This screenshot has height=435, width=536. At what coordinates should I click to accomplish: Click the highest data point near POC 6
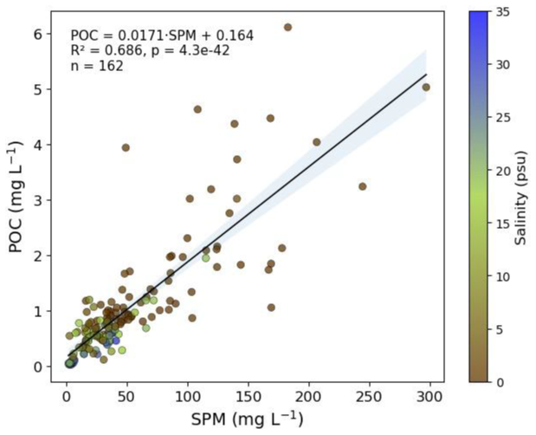[x=287, y=28]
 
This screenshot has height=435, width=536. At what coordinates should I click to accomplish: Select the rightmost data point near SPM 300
[x=426, y=88]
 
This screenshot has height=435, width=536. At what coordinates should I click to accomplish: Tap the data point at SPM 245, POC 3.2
[x=363, y=186]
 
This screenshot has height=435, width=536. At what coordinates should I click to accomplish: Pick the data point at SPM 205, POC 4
[x=317, y=142]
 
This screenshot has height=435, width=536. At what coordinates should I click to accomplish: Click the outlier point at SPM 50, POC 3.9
[x=126, y=147]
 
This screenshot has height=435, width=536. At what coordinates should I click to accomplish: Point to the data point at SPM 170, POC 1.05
[x=271, y=308]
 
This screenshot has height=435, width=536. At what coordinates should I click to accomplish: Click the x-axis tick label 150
[x=249, y=397]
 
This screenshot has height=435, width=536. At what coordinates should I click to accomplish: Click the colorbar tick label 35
[x=502, y=12]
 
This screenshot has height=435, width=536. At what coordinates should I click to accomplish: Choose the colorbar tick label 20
[x=502, y=171]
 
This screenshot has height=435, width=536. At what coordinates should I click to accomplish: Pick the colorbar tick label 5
[x=499, y=329]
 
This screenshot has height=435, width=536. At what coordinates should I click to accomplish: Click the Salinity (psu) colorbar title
[x=521, y=198]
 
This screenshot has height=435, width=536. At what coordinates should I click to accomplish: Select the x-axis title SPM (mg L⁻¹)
[x=247, y=419]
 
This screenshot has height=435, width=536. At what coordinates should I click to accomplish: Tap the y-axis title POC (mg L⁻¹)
[x=16, y=197]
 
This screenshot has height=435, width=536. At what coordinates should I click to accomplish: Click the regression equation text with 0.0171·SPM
[x=162, y=36]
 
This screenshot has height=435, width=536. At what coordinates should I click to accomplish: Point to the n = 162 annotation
[x=97, y=66]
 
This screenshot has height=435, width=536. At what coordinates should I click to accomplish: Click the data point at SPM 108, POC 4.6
[x=197, y=109]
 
